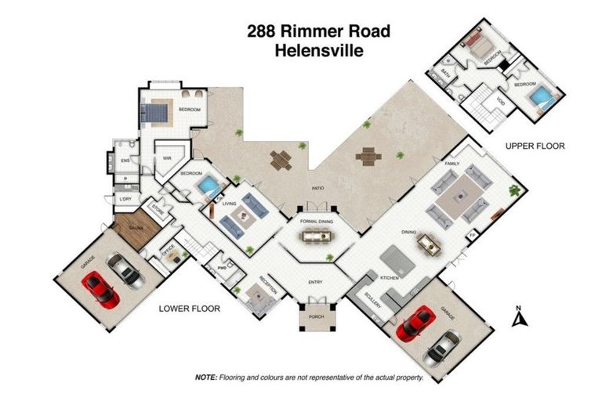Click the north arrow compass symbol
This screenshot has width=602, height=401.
click(517, 316)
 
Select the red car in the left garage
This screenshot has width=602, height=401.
click(102, 289)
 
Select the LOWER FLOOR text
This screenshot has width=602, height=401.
click(189, 309)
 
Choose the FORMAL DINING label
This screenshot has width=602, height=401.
click(318, 222)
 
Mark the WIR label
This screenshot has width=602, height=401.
click(167, 157)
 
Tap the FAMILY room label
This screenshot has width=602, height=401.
click(452, 164)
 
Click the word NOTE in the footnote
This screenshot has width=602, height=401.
click(205, 377)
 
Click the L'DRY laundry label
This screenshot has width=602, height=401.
click(125, 199)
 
